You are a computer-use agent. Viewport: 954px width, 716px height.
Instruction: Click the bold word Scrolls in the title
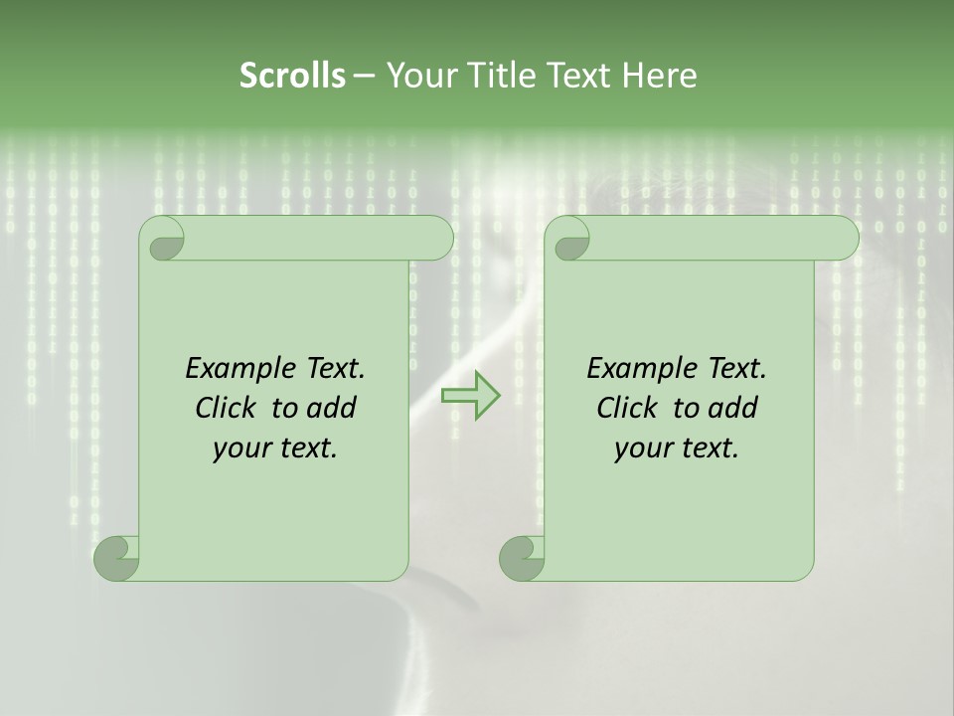tap(292, 76)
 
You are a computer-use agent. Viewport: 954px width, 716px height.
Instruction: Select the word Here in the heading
tap(659, 76)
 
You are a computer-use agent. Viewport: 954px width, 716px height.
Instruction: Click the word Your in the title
tap(416, 76)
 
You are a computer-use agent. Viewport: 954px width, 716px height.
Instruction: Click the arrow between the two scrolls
tap(470, 395)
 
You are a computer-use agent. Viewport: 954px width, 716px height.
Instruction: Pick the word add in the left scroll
tap(332, 409)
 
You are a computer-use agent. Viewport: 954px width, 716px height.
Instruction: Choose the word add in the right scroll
tap(733, 409)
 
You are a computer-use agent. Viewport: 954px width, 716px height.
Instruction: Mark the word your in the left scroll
tap(238, 449)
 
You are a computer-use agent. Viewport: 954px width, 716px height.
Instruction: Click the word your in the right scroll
tap(640, 449)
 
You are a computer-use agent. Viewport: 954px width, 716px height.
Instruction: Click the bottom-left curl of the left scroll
tap(115, 558)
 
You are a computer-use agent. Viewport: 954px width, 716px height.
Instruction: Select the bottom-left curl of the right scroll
tap(520, 558)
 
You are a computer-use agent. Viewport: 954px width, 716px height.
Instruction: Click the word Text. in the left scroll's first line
tap(331, 369)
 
